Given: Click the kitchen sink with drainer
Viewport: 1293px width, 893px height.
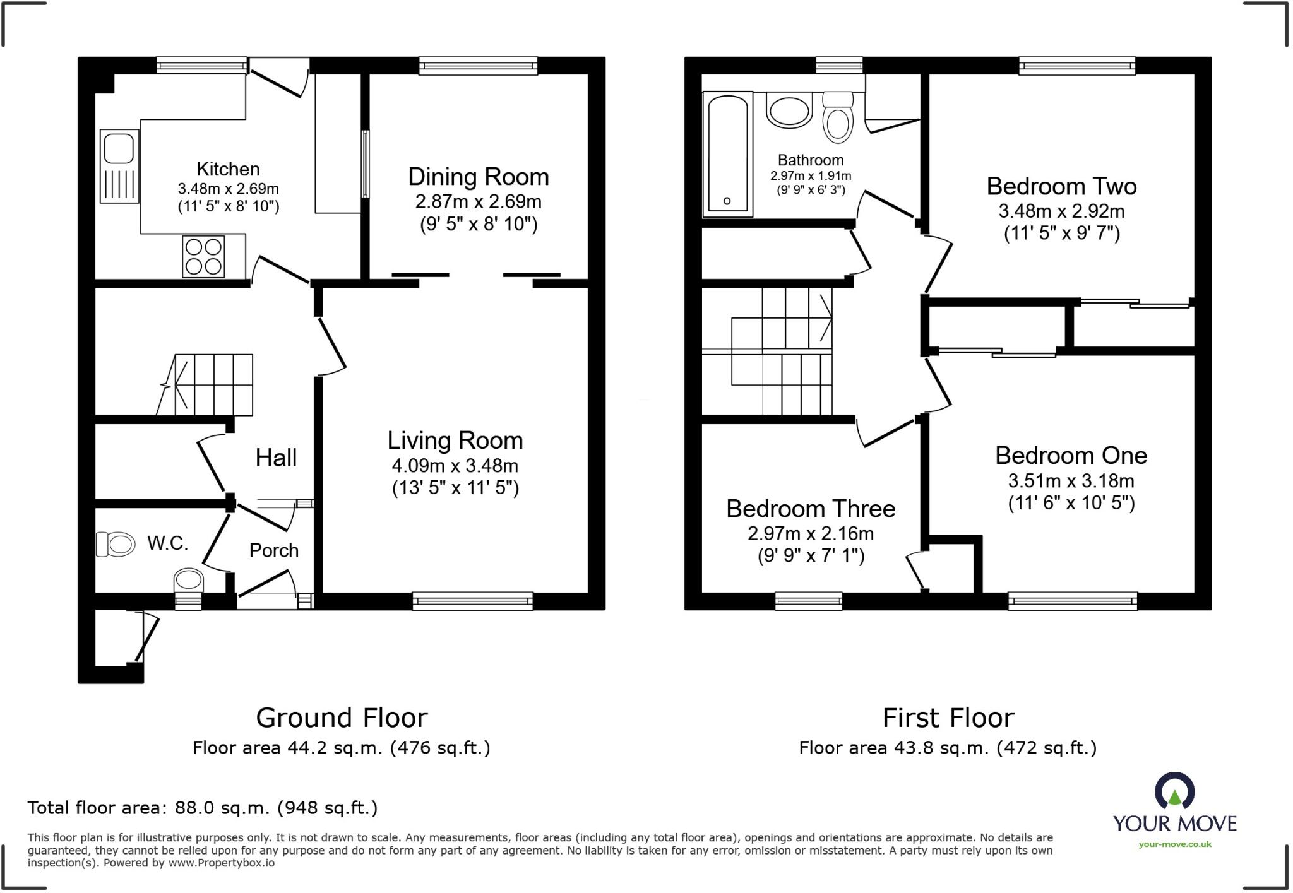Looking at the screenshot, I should click(119, 166).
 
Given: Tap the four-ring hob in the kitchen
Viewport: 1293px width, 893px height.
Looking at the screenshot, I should click(203, 256).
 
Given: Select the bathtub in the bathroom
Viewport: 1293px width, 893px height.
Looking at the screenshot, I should click(727, 153).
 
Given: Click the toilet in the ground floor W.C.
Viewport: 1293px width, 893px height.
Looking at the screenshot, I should click(116, 544).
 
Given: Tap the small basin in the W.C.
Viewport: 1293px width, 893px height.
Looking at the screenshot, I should click(188, 580).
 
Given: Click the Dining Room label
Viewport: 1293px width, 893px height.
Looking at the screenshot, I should click(478, 177).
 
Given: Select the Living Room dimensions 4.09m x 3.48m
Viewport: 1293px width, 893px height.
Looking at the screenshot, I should click(455, 466).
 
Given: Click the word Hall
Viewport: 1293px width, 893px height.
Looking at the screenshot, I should click(276, 458).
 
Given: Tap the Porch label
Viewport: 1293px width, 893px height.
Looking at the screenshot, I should click(273, 550).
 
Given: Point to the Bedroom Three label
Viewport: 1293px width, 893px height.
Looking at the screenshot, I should click(810, 509).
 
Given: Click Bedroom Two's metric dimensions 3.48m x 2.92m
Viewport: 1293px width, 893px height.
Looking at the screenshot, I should click(1061, 211).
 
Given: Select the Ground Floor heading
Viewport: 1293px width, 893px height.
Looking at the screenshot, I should click(342, 718).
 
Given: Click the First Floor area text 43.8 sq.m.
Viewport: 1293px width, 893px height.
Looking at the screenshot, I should click(947, 748).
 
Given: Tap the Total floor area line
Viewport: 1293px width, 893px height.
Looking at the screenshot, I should click(202, 808).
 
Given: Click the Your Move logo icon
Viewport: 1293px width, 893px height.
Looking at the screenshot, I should click(1174, 791).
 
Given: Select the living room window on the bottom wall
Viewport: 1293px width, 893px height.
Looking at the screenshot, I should click(472, 601).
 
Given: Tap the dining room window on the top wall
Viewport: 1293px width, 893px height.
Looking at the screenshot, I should click(478, 66).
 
